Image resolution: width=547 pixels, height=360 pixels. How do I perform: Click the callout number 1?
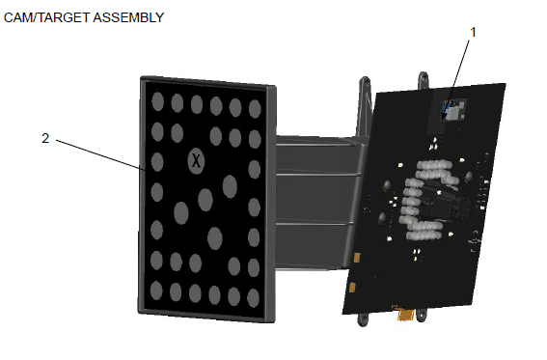(473, 32)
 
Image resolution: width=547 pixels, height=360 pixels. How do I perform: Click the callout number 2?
(45, 138)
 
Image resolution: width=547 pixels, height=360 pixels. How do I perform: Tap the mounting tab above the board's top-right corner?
(422, 76)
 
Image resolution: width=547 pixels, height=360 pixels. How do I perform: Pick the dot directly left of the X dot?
(157, 159)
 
